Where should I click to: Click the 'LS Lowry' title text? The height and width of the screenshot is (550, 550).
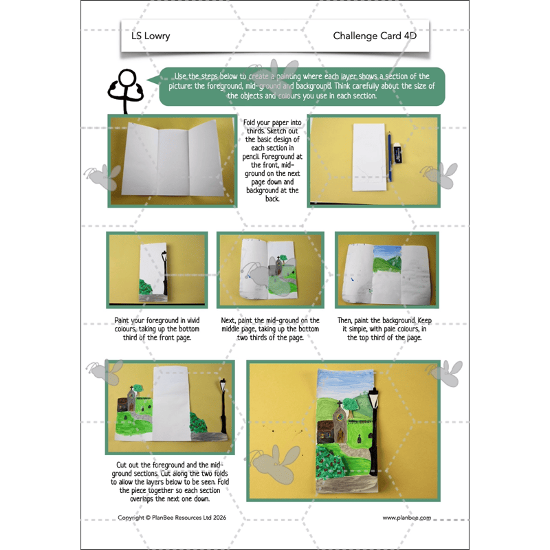point(151,36)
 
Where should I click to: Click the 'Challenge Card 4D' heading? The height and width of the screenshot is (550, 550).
point(375,36)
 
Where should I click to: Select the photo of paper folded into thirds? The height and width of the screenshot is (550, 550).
point(174,160)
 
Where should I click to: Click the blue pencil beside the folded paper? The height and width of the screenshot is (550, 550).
point(389,157)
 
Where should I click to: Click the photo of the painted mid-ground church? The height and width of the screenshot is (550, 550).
point(269,270)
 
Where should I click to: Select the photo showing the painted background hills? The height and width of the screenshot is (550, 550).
point(386,270)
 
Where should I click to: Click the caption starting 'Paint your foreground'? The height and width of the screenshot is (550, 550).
point(157,329)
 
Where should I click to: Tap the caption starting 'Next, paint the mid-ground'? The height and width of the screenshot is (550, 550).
point(270,329)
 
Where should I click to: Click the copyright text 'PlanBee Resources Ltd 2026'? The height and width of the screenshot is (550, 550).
point(172,518)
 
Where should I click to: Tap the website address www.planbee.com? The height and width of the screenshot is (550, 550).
point(407,518)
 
